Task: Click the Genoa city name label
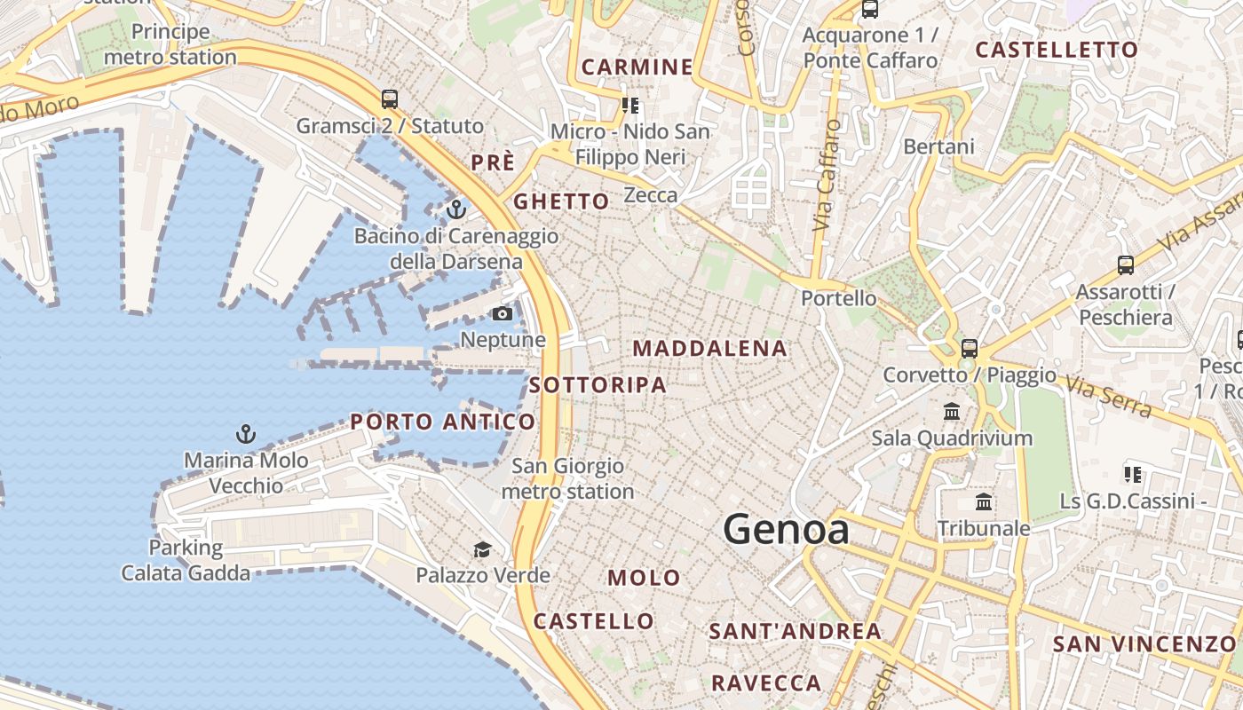tap(786, 529)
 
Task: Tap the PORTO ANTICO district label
tap(442, 422)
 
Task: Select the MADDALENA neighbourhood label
tap(709, 349)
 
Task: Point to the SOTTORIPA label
tap(598, 385)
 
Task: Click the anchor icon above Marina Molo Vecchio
tap(245, 434)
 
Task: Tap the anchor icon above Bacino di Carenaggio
tap(455, 209)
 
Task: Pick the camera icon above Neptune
tap(502, 313)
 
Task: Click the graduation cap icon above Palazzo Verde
tap(482, 549)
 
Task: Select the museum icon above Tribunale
tap(984, 502)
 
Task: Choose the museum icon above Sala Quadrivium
tap(952, 411)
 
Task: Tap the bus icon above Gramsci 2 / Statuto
tap(389, 99)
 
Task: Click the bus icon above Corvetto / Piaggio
tap(969, 348)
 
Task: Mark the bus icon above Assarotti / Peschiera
tap(1125, 264)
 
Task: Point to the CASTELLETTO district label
tap(1057, 50)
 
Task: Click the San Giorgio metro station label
tap(567, 478)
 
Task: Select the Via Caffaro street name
tap(827, 175)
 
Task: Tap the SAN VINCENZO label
tap(1144, 644)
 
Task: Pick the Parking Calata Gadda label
tap(186, 560)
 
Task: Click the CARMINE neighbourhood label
tap(637, 67)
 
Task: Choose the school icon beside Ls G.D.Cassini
tap(1132, 475)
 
